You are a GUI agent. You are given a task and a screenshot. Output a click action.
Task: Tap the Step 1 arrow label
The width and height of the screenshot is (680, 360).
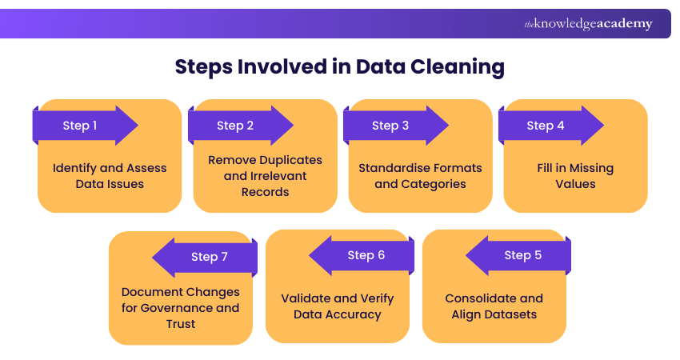coord(80,126)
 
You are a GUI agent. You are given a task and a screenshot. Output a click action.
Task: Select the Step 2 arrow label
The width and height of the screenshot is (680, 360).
coord(235,126)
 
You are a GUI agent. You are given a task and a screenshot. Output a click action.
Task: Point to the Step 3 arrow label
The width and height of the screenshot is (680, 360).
coord(390,126)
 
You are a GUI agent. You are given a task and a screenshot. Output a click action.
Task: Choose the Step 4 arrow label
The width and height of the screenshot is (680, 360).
coord(546,126)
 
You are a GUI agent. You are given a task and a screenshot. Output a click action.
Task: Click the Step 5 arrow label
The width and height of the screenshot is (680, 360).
coord(523,255)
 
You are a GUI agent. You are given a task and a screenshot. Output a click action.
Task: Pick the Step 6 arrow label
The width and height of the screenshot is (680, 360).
coord(366,255)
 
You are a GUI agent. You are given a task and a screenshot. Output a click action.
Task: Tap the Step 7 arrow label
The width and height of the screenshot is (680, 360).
coord(210,257)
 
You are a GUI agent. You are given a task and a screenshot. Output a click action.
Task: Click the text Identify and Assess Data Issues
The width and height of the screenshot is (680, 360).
coord(110,176)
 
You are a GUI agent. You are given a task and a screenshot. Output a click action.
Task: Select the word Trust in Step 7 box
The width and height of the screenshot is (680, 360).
coord(180,324)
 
